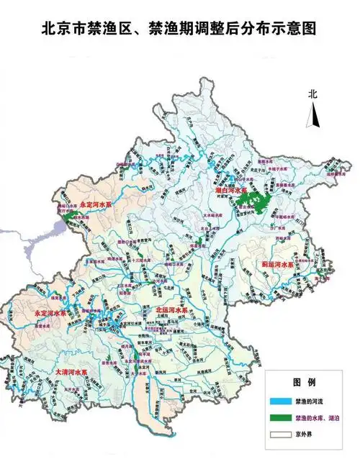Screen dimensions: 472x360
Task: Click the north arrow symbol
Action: point(312,114)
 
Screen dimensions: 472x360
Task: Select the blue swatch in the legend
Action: point(279,400)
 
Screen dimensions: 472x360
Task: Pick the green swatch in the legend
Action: point(279,417)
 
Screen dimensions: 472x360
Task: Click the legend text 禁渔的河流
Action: point(308,400)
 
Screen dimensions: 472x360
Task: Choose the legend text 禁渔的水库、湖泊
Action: point(317,417)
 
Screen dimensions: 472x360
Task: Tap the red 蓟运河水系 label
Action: point(278,265)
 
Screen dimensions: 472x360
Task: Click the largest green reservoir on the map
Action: point(253,202)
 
